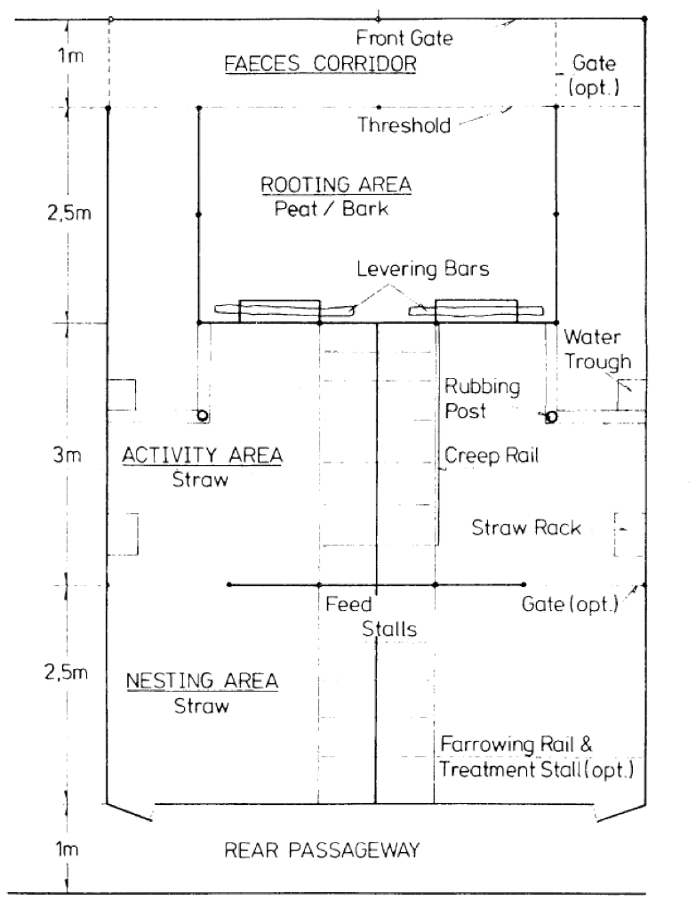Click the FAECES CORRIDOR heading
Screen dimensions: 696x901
[x=320, y=63]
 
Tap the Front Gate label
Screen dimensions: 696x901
[x=404, y=38]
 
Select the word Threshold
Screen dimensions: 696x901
[x=404, y=125]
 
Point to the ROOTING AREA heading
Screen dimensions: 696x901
[x=336, y=185]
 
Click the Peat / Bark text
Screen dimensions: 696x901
[x=332, y=208]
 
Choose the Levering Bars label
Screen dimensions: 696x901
[x=422, y=269]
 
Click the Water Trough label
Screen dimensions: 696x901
[x=597, y=349]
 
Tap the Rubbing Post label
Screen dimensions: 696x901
[x=483, y=398]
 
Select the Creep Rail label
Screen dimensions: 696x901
[x=492, y=455]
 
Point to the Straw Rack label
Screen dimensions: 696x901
[x=526, y=527]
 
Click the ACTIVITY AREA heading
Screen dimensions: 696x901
[x=202, y=455]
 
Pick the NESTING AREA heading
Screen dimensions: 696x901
[x=202, y=681]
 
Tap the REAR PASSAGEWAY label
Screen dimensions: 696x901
[x=322, y=850]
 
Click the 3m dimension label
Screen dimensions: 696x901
[x=68, y=455]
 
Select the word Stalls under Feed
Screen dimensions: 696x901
[x=389, y=629]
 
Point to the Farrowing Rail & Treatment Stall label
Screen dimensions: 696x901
[x=537, y=757]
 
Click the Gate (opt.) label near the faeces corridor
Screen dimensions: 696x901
[x=594, y=76]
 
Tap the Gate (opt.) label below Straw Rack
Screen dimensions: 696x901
[x=570, y=604]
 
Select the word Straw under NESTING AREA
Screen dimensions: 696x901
[x=202, y=705]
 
